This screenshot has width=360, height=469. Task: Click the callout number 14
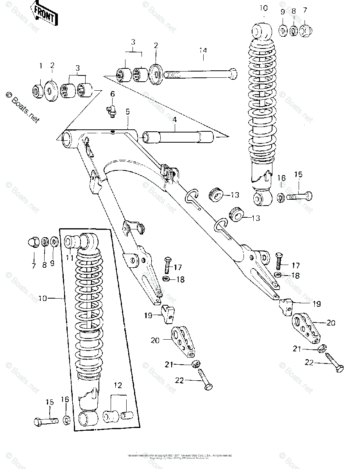[x=202, y=50]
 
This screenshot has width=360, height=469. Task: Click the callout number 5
[x=127, y=111]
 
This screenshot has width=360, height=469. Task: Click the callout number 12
[x=118, y=385]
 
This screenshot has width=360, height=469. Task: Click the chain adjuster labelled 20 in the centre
[x=183, y=341]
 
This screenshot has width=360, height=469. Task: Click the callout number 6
[x=113, y=94]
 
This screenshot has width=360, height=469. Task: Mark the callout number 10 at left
[x=43, y=298]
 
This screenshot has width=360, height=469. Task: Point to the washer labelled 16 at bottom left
[x=65, y=421]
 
